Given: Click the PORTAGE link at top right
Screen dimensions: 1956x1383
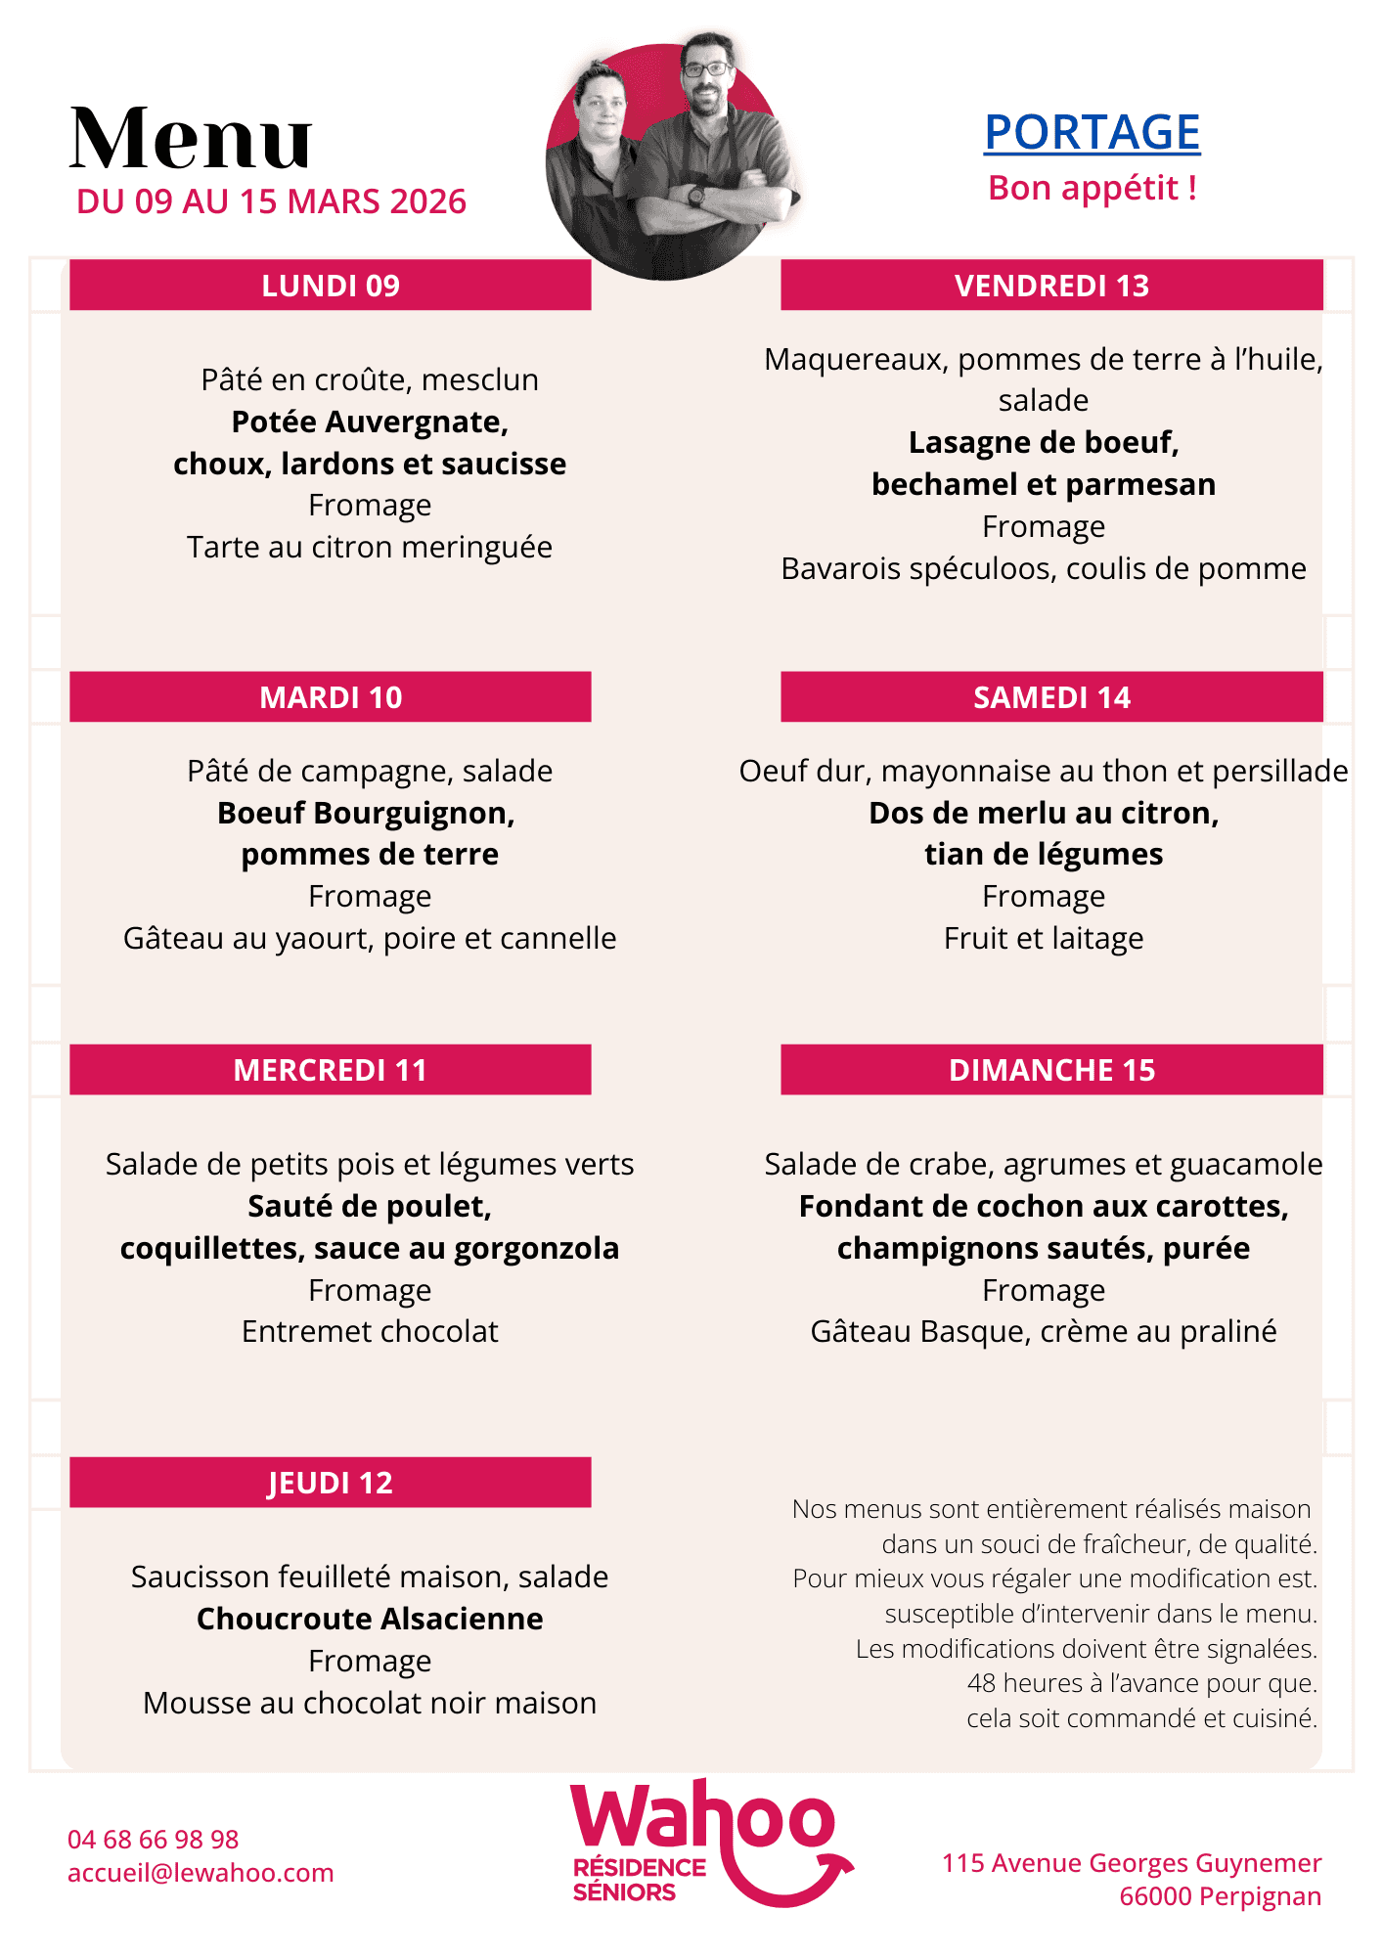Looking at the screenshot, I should [x=1092, y=133].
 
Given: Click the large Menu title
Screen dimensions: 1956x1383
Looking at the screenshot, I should [x=191, y=138].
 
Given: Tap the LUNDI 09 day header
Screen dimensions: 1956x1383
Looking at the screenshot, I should [x=331, y=286].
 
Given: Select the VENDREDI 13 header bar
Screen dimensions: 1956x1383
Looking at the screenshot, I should [x=1051, y=286].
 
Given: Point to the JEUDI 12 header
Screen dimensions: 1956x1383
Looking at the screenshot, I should [x=331, y=1483].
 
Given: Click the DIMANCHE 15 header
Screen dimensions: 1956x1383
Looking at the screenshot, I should [x=1051, y=1070].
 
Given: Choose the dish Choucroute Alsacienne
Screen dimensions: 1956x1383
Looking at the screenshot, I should [x=370, y=1619].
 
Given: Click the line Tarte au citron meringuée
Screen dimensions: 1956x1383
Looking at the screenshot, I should [x=370, y=547].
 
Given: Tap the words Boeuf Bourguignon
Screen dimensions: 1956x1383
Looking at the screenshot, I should [x=366, y=813].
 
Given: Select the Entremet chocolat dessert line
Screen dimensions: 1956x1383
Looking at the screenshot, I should [x=370, y=1331].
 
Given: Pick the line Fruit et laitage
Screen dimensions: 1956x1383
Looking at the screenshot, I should [x=1044, y=938].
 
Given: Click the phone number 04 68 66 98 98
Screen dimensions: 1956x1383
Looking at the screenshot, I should [x=154, y=1840].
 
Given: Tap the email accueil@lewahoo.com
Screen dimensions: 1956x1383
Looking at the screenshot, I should [x=201, y=1873].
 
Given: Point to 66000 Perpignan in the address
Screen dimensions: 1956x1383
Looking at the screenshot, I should [x=1220, y=1896].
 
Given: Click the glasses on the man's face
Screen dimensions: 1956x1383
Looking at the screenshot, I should [x=706, y=69].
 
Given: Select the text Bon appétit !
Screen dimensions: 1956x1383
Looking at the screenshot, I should [x=1093, y=188].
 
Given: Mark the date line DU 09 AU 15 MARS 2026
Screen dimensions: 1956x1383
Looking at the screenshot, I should [x=271, y=201].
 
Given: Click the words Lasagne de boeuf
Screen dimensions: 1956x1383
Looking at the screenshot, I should [x=1044, y=443].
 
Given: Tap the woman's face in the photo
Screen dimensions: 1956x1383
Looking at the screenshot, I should [x=602, y=108].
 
